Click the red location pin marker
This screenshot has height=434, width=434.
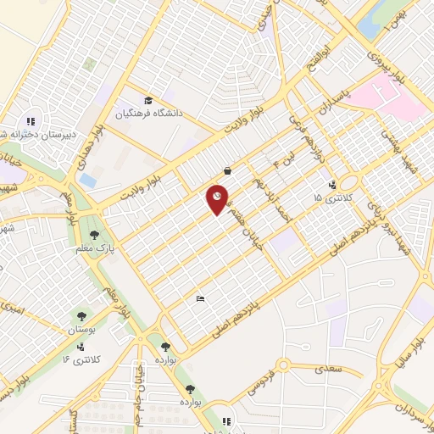218,200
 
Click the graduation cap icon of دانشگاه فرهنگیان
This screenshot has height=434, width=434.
149,99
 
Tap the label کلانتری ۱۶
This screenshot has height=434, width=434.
82,359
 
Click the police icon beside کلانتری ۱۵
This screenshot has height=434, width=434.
331,183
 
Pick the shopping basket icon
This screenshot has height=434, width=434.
227,169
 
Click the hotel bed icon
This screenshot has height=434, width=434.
200,298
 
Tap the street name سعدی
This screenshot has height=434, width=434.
326,369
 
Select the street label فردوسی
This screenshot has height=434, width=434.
263,381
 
